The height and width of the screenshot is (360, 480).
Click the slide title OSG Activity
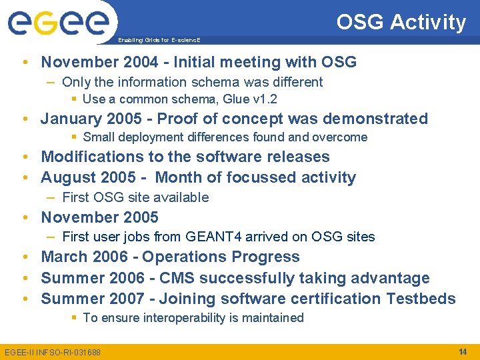(401, 22)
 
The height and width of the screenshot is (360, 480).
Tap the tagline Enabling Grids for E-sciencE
(159, 40)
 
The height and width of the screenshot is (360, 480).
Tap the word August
(67, 177)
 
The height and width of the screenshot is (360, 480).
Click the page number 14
(463, 351)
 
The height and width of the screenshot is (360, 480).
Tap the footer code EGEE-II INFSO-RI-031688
(53, 352)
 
